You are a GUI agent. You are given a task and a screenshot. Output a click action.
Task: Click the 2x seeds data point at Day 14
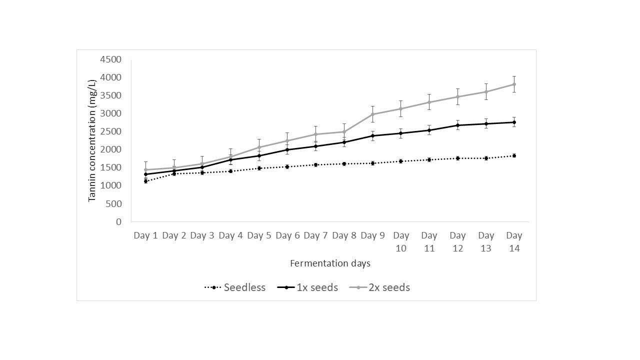pyautogui.click(x=514, y=84)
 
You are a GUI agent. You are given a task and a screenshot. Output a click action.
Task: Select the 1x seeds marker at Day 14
pyautogui.click(x=514, y=122)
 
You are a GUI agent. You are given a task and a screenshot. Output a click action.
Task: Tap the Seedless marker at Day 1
pyautogui.click(x=145, y=181)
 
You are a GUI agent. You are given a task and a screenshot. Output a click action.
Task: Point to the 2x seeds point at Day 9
pyautogui.click(x=372, y=114)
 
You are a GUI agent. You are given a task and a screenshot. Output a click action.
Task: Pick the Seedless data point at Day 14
pyautogui.click(x=514, y=155)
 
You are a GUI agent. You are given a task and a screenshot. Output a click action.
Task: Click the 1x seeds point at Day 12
pyautogui.click(x=457, y=125)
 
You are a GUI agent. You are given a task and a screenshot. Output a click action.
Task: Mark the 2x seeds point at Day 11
pyautogui.click(x=429, y=102)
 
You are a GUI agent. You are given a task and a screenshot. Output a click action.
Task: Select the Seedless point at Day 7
pyautogui.click(x=315, y=165)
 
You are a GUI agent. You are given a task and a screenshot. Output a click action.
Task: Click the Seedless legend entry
pyautogui.click(x=235, y=287)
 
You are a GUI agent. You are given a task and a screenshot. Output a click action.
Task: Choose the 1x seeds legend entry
pyautogui.click(x=307, y=287)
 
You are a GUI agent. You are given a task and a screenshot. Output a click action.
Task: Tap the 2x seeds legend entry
pyautogui.click(x=379, y=287)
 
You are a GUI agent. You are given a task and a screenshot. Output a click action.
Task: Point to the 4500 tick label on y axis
pyautogui.click(x=110, y=59)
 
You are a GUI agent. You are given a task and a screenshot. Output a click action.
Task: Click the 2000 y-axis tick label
pyautogui.click(x=110, y=149)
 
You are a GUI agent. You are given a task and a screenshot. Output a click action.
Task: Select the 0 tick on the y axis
pyautogui.click(x=119, y=221)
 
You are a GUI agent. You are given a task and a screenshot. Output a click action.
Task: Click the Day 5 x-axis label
pyautogui.click(x=259, y=235)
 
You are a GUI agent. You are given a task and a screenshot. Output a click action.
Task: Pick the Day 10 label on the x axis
pyautogui.click(x=401, y=241)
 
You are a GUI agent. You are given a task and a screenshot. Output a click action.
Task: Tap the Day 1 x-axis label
pyautogui.click(x=145, y=235)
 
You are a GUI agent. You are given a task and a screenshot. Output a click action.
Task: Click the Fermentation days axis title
pyautogui.click(x=330, y=263)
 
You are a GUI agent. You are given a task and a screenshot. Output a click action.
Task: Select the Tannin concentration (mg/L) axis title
pyautogui.click(x=91, y=141)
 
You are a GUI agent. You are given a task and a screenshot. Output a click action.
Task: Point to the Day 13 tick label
pyautogui.click(x=486, y=241)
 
